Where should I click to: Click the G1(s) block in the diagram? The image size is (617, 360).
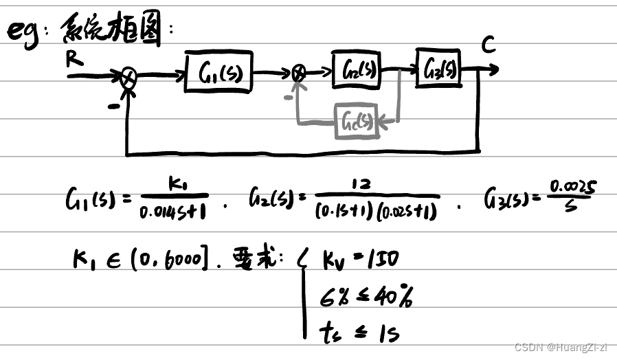(218, 72)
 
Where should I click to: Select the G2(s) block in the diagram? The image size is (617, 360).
(356, 69)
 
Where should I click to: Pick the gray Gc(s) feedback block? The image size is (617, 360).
(356, 122)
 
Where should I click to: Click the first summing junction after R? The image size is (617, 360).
(128, 76)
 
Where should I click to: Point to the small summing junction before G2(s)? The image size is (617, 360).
(299, 71)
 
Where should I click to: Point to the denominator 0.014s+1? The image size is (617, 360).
(174, 212)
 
